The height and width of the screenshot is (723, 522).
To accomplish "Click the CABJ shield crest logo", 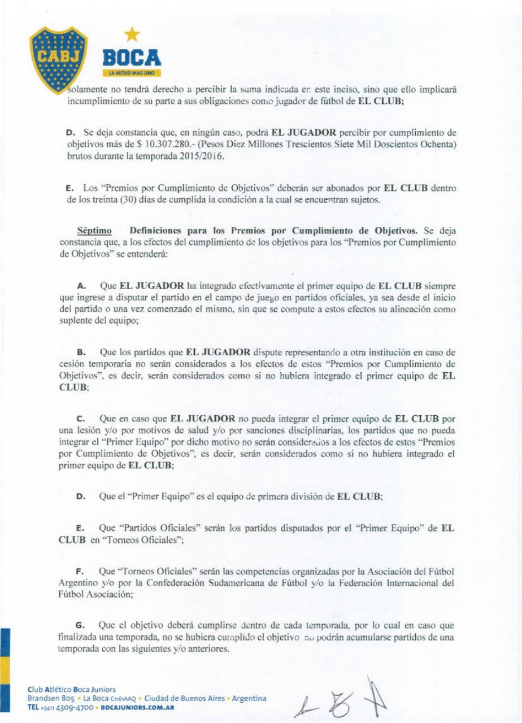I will pos(58,59).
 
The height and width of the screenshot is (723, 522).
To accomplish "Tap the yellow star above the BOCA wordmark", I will pos(132,34).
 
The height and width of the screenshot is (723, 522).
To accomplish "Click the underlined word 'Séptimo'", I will pos(94,230).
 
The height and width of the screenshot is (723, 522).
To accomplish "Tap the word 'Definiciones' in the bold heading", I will pos(156,230).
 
